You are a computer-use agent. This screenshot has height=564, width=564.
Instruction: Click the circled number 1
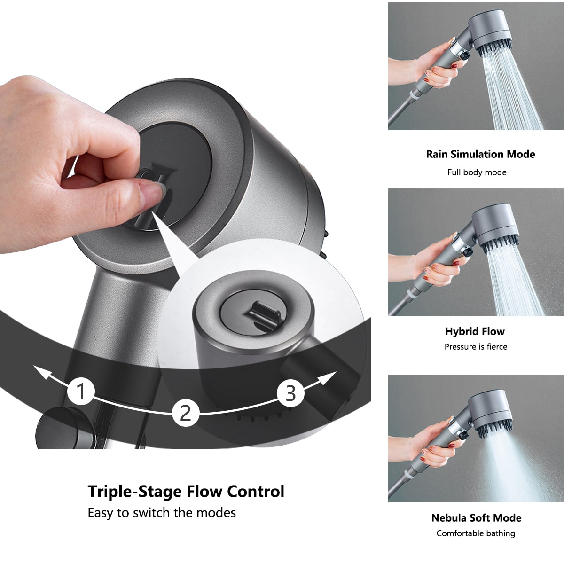click(81, 392)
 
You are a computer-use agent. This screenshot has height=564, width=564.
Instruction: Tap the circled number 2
click(186, 413)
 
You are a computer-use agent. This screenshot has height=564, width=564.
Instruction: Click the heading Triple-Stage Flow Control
click(186, 491)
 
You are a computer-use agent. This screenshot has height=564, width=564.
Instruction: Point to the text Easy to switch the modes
click(162, 512)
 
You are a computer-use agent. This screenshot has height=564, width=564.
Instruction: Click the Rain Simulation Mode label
click(480, 154)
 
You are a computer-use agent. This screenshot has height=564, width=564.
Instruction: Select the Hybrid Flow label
click(475, 331)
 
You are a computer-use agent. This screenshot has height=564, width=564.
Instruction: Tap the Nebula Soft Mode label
click(476, 518)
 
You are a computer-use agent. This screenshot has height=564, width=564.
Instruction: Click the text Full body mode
click(477, 172)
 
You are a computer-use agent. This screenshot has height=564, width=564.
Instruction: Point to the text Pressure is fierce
click(476, 347)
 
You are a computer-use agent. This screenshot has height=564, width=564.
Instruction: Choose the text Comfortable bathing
click(476, 533)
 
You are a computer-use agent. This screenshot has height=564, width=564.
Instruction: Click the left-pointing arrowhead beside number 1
click(42, 372)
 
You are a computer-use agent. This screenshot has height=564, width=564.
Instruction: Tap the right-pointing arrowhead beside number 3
click(331, 375)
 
